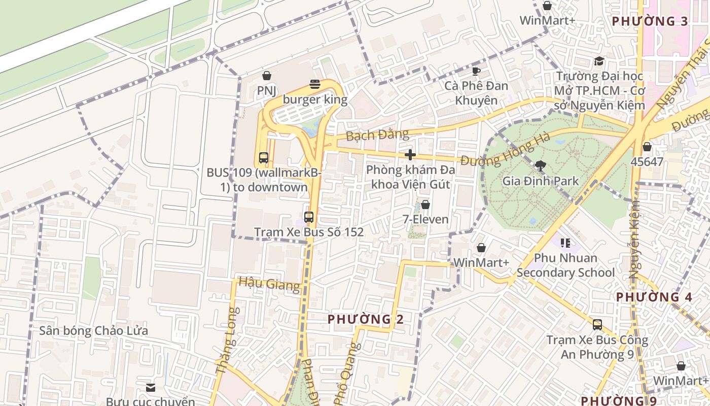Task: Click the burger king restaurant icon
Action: tap(315, 84)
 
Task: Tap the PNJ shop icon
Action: tap(266, 76)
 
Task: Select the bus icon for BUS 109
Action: tap(263, 158)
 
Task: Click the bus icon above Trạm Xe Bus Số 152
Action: tap(308, 217)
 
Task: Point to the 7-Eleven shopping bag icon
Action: tap(425, 205)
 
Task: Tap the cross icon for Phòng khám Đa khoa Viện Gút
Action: tap(410, 155)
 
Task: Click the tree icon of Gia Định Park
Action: tap(540, 165)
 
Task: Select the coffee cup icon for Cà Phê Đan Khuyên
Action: tap(476, 71)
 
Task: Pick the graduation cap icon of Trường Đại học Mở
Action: tap(599, 61)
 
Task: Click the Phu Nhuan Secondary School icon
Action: tap(565, 243)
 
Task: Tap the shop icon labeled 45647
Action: tap(647, 147)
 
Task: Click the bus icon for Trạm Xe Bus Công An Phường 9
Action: tap(597, 325)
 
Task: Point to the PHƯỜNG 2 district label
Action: tap(365, 319)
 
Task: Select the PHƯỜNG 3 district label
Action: tap(650, 21)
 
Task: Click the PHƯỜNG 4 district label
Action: tap(654, 297)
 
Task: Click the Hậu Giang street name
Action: tap(269, 284)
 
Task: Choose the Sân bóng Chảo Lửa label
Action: tap(94, 331)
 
